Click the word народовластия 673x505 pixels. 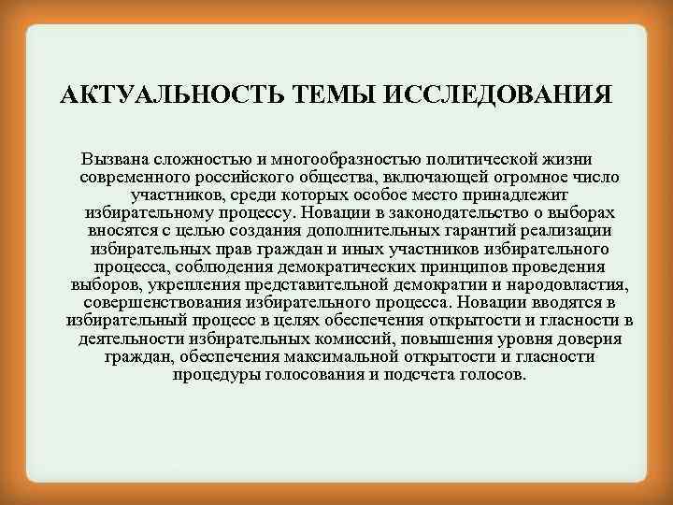(568, 284)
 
